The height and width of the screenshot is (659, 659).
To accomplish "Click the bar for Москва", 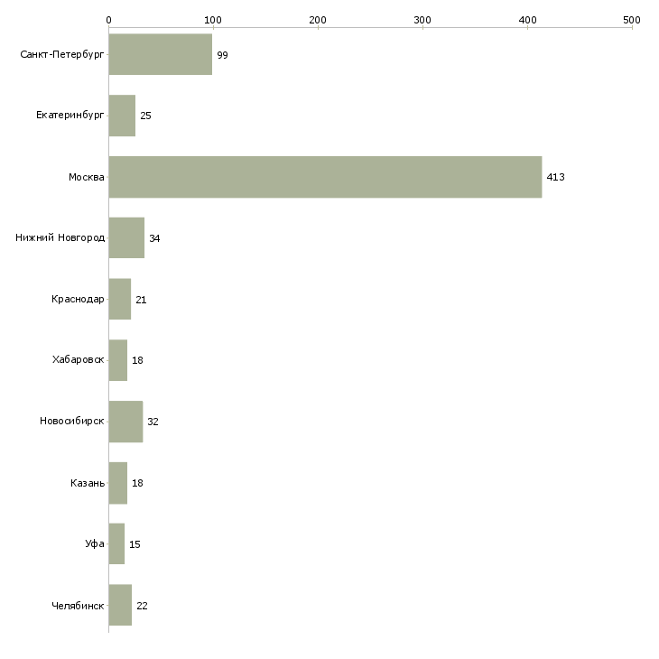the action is tap(325, 177).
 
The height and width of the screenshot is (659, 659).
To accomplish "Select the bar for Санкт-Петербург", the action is tap(161, 54).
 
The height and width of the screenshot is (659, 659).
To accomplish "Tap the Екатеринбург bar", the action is tap(122, 116).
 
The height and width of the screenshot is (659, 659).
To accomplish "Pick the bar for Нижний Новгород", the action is tap(126, 238).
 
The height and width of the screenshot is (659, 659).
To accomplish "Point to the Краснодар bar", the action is tap(120, 299).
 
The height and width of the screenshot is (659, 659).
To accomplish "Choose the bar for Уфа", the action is tap(116, 543).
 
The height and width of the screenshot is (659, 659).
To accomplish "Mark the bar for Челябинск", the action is tap(120, 605).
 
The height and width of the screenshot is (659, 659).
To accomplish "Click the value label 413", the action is tap(555, 177).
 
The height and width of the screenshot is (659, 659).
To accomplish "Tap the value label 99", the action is tap(222, 55).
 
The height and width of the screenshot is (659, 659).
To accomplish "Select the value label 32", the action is tap(153, 422).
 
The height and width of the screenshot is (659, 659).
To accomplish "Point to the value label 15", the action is tap(135, 544).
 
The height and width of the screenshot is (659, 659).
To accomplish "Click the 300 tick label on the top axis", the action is tap(422, 20).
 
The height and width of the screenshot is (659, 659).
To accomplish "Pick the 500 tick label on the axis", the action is tap(632, 20).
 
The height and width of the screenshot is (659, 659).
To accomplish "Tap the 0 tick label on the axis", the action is tap(109, 20).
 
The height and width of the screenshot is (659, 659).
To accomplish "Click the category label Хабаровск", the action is tap(79, 360).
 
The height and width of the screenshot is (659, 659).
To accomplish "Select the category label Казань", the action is tap(88, 483).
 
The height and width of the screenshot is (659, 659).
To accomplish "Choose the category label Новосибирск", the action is tap(72, 421).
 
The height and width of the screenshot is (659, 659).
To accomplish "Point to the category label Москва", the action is tap(86, 177).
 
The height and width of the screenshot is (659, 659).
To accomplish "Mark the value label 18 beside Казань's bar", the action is tap(137, 483).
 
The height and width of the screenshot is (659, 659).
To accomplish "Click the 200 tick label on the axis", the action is tap(318, 20).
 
